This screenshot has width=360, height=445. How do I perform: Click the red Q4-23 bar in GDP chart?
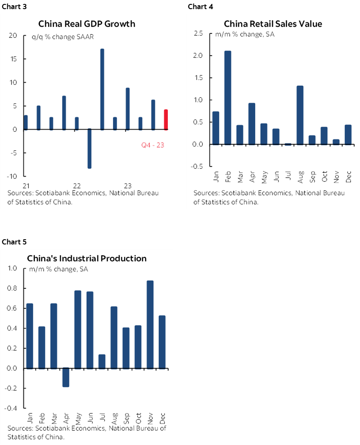(166, 120)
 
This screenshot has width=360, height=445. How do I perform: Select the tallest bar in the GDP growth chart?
(102, 89)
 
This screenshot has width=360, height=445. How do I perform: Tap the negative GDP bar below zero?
(90, 149)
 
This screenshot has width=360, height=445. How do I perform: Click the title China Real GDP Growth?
(87, 23)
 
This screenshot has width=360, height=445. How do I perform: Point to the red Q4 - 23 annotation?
(153, 145)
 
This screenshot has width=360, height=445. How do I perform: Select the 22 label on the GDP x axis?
(77, 184)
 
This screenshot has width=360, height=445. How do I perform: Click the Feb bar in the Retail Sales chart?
(227, 97)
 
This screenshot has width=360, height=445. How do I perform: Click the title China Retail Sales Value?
(273, 23)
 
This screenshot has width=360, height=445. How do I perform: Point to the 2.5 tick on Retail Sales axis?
(198, 33)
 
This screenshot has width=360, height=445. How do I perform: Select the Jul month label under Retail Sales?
(275, 177)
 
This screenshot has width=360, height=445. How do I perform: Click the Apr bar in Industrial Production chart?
(66, 377)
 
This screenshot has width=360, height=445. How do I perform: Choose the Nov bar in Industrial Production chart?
(150, 325)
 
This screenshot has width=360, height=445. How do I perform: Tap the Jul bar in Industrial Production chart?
(102, 361)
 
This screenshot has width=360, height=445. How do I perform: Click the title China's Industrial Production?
(87, 258)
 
